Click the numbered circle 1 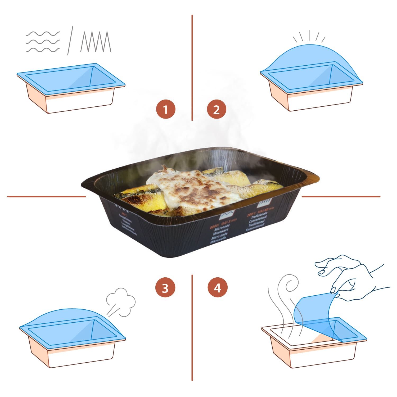click(166, 109)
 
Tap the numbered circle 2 click(216, 109)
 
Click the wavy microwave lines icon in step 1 click(43, 42)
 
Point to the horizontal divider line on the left click(46, 197)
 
